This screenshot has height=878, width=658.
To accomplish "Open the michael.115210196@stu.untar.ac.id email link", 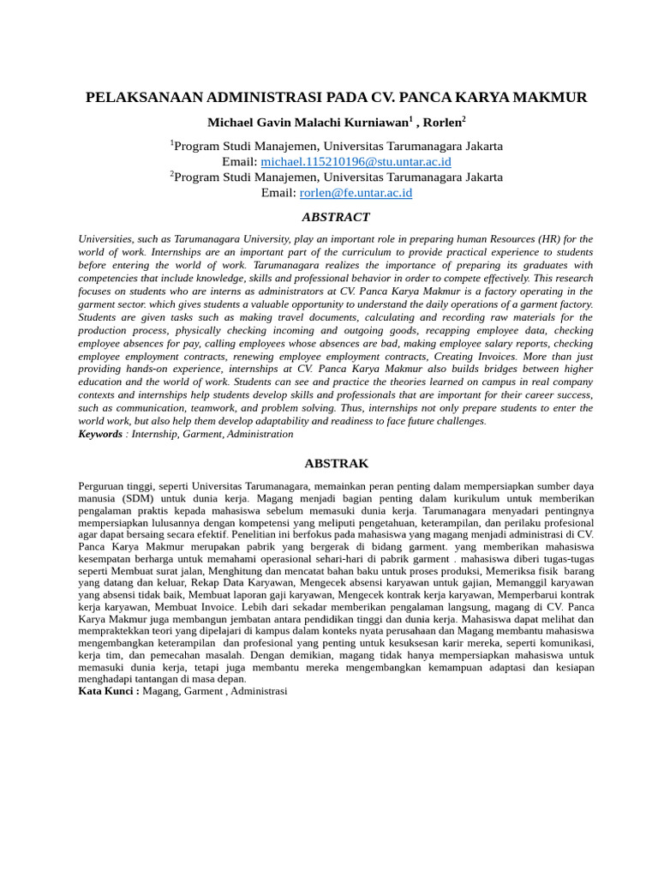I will coord(356,161).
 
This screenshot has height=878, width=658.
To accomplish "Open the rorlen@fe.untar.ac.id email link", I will coord(356,193).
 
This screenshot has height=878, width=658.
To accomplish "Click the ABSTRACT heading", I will coord(336,218).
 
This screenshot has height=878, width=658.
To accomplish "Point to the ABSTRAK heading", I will coord(337,464).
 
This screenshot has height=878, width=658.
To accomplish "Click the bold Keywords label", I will coord(100,434).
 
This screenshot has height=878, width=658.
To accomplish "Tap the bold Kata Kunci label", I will coord(109,690).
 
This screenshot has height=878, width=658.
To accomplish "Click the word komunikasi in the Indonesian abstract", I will coord(567,642).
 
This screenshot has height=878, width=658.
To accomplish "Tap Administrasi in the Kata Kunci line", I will coord(259,690).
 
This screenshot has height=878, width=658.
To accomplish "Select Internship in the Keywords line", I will coord(155,434).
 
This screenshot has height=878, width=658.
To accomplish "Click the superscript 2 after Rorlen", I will coord(464,118).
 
